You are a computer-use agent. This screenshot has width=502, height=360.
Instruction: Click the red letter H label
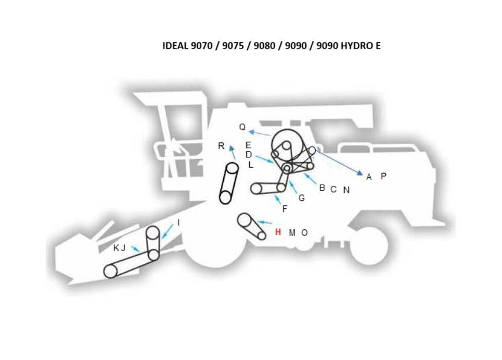pyautogui.click(x=278, y=232)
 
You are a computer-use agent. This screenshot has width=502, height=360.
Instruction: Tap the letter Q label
pyautogui.click(x=242, y=127)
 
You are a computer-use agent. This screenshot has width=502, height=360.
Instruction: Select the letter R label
pyautogui.click(x=221, y=146)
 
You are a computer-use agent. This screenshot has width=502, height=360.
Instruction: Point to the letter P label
pyautogui.click(x=383, y=176)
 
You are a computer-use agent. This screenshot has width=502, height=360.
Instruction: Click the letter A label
pyautogui.click(x=369, y=177)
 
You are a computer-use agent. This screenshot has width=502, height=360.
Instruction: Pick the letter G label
pyautogui.click(x=301, y=198)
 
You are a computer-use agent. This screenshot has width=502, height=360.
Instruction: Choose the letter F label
pyautogui.click(x=285, y=210)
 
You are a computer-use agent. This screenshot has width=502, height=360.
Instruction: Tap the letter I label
pyautogui.click(x=179, y=223)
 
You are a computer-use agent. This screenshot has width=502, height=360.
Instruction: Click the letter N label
pyautogui.click(x=346, y=190)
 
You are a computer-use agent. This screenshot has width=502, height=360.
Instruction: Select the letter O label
pyautogui.click(x=305, y=233)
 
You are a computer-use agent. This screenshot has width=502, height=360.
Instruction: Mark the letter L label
pyautogui.click(x=250, y=165)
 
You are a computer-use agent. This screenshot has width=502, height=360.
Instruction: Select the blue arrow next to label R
pyautogui.click(x=233, y=153)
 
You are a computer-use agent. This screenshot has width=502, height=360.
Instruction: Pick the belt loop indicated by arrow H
pyautogui.click(x=252, y=226)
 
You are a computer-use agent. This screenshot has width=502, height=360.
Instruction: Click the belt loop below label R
pyautogui.click(x=229, y=183)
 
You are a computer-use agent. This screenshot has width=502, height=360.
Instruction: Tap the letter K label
pyautogui.click(x=116, y=248)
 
